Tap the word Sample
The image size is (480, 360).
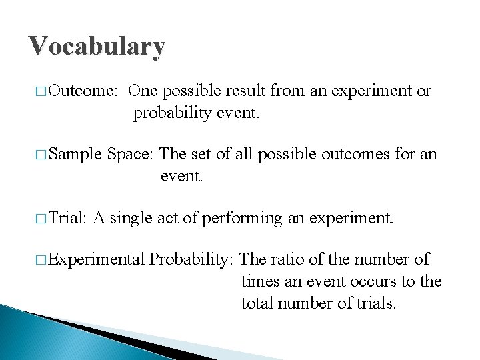(x=75, y=155)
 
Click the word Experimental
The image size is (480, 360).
(x=97, y=259)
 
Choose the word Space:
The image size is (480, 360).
(x=131, y=155)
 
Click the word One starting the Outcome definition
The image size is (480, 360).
(x=143, y=91)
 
